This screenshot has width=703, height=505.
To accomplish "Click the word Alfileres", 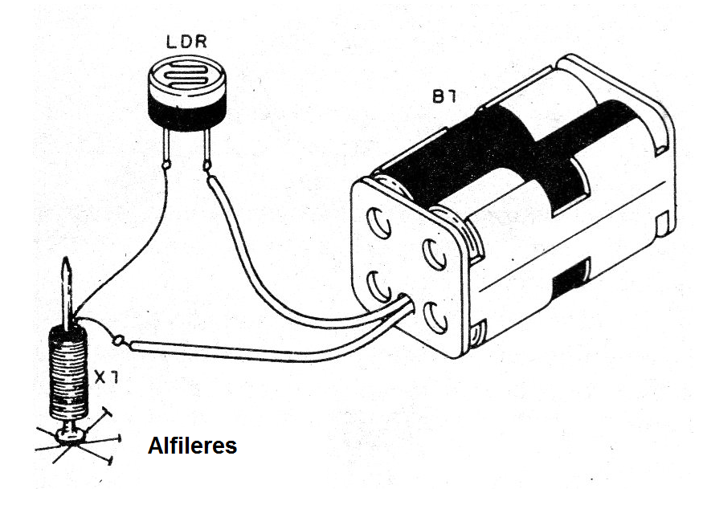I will point(192,446).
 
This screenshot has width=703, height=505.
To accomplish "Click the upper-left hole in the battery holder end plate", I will point(379,223).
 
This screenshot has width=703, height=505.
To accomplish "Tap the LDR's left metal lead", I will point(166,146).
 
